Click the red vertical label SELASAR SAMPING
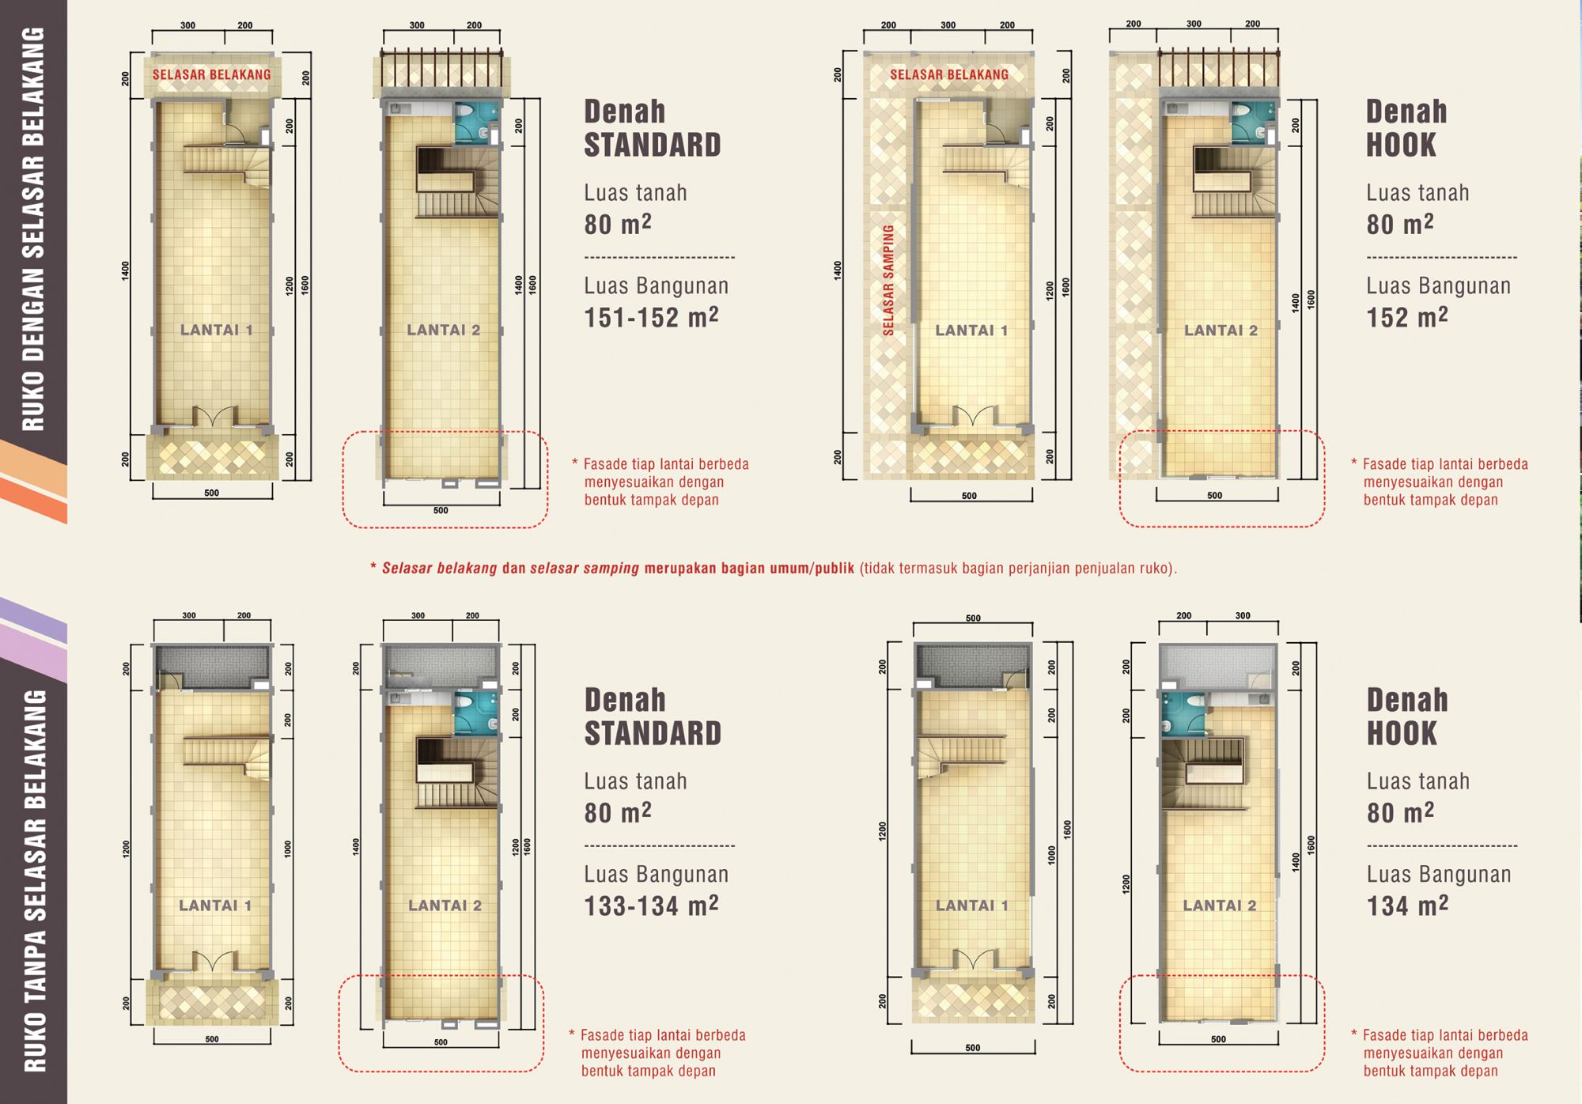coord(888,280)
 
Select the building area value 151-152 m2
coord(651,317)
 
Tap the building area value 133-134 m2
coord(651,906)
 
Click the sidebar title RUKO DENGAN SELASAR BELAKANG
coord(33,229)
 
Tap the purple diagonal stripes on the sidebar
coord(33,639)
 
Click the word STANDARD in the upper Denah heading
coord(653,145)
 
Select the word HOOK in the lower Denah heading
coord(1402,733)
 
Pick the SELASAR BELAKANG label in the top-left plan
coord(211,75)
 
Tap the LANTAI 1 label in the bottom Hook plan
coord(972,906)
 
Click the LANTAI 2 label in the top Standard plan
coord(444,330)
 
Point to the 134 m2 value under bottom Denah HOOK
coord(1407,906)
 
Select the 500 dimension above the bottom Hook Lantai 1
coord(973,618)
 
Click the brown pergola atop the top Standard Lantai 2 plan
coord(441,68)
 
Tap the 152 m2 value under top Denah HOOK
coord(1407,317)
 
